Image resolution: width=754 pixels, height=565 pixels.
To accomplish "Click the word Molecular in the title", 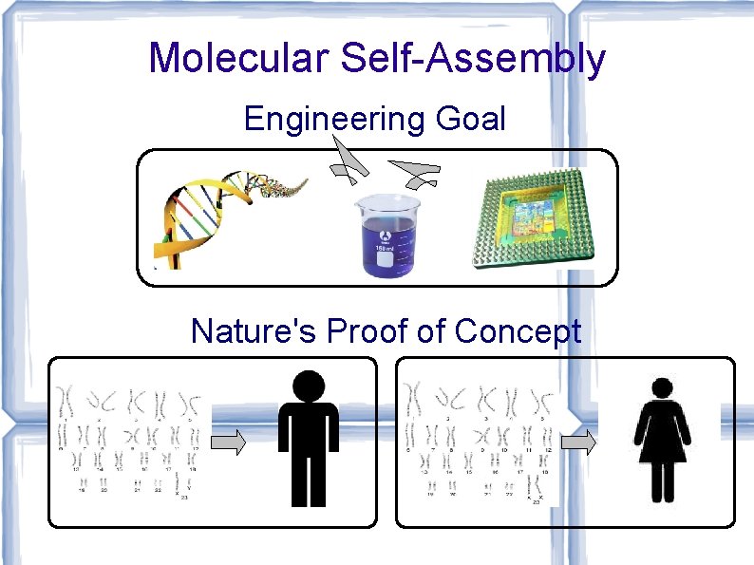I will coord(237,59).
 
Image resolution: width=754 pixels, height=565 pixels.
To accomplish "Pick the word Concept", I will coord(518,331).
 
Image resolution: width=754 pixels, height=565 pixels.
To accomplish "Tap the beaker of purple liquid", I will coord(386,235).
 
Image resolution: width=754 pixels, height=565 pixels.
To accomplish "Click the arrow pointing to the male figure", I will coord(229,442).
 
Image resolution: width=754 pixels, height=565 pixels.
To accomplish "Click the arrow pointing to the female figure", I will coord(578,442).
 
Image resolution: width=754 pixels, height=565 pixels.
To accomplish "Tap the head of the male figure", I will coord(308,386).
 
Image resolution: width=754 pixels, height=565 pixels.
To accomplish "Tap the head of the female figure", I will coord(663,387).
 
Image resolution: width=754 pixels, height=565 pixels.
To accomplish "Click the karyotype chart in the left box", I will coord(128,442).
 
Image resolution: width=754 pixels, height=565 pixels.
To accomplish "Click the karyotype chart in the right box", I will coord(480,442).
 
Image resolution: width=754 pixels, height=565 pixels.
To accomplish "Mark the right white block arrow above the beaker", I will coord(416,172).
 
